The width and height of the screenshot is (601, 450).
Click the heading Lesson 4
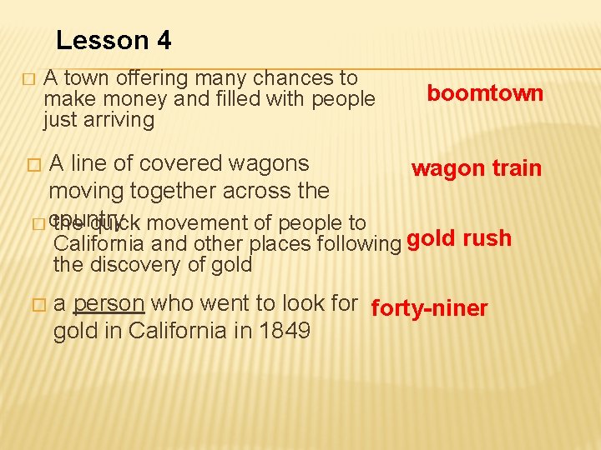coord(114,40)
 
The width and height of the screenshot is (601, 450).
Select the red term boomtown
coord(485,92)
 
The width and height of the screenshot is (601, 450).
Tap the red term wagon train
coord(476,168)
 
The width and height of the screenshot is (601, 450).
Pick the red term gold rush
coord(459,238)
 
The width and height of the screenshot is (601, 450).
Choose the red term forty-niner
coord(429,308)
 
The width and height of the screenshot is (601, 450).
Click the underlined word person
coord(110,303)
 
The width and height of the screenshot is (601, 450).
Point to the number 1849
coord(284,331)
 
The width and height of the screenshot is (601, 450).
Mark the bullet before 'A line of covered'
coord(33,165)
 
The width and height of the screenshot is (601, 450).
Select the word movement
coord(201,223)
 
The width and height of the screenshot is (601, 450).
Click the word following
coord(360,244)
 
